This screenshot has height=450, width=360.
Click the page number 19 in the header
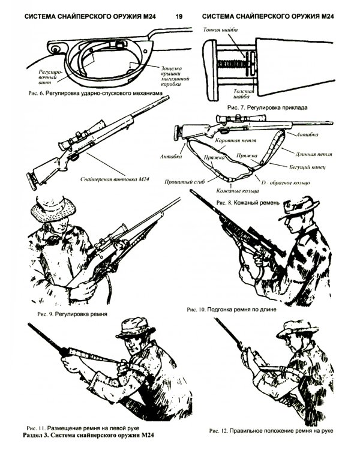[x=179, y=16]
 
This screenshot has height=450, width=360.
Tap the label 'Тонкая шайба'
[x=220, y=29]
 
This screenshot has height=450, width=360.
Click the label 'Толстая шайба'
[x=244, y=94]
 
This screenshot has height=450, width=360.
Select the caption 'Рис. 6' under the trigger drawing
[x=35, y=93]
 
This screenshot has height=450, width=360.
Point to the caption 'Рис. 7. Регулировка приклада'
[x=267, y=107]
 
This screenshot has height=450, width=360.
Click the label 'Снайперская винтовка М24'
[x=115, y=179]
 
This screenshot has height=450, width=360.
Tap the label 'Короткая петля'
[x=236, y=140]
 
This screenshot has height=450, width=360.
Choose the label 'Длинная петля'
[x=314, y=154]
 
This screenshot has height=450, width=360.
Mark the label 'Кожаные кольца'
[x=238, y=191]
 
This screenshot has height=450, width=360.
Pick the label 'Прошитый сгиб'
[x=185, y=182]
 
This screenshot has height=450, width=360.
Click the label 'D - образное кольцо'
[x=286, y=182]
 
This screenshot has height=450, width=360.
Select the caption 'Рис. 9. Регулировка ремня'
[x=72, y=314]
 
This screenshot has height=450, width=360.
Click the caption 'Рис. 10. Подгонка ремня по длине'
[x=232, y=310]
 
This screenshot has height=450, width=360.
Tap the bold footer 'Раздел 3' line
[x=88, y=435]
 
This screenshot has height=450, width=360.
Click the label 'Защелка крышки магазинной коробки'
[x=175, y=76]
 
